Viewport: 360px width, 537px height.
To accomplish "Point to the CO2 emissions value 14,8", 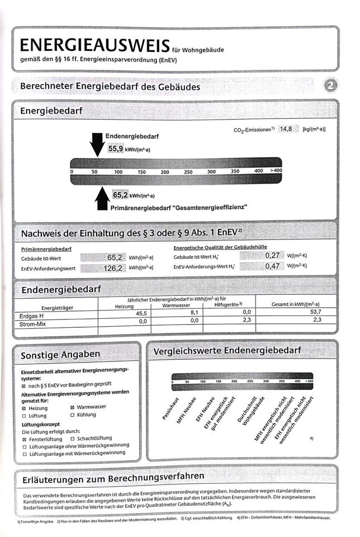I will [286, 129].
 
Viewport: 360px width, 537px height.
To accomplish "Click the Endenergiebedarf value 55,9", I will [116, 149].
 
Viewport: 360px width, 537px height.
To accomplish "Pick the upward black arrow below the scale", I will [102, 199].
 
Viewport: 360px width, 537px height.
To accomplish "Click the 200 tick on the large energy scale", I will [165, 172].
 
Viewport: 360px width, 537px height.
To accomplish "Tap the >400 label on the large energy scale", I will [276, 170].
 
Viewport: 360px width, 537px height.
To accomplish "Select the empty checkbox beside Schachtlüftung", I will [73, 439].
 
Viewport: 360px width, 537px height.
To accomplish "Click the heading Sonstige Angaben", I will [60, 355].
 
